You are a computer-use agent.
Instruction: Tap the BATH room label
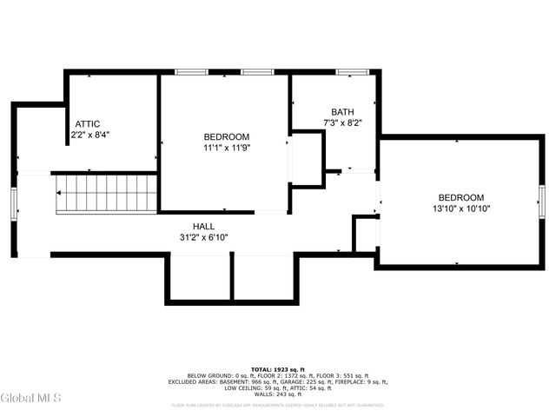[342, 112]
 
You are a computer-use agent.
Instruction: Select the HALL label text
[204, 226]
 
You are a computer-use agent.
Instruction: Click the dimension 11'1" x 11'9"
[227, 148]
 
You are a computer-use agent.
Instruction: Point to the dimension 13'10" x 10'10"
[461, 208]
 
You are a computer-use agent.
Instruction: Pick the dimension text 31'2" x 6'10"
[204, 237]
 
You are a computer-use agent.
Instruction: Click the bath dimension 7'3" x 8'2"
[342, 123]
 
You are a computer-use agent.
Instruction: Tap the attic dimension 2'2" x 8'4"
[90, 135]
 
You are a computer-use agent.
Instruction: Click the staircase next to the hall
[106, 193]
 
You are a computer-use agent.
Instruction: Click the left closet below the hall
[199, 277]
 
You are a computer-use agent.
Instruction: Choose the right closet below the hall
[265, 277]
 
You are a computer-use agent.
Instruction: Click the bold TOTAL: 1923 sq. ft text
[278, 369]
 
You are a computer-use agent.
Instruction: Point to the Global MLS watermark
[30, 398]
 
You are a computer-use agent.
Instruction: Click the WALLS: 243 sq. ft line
[278, 394]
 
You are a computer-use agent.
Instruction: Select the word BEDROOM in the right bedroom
[461, 197]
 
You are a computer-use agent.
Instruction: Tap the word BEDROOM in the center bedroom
[227, 136]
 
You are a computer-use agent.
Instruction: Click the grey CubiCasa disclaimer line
[278, 405]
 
